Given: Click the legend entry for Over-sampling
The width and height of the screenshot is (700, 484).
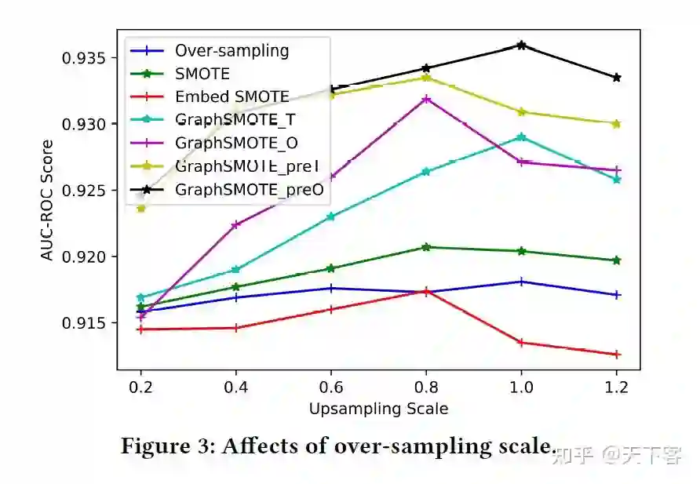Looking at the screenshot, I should pyautogui.click(x=232, y=51).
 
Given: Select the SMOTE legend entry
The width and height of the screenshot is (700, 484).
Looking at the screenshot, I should pyautogui.click(x=202, y=74).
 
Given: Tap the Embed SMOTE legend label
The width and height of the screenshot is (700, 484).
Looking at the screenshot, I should pyautogui.click(x=232, y=97).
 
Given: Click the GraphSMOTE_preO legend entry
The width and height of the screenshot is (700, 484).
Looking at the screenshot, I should pyautogui.click(x=249, y=189).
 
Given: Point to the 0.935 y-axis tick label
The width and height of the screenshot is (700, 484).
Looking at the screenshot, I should pyautogui.click(x=85, y=58).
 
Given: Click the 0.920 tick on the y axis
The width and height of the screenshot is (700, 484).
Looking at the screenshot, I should pyautogui.click(x=85, y=257).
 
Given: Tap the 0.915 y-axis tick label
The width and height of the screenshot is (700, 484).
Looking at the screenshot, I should pyautogui.click(x=85, y=322).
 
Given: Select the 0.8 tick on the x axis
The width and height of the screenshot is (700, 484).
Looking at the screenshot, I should pyautogui.click(x=426, y=387).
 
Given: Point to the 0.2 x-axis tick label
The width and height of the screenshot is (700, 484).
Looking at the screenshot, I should pyautogui.click(x=141, y=387).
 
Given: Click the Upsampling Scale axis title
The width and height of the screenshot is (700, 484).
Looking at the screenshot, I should pyautogui.click(x=378, y=409).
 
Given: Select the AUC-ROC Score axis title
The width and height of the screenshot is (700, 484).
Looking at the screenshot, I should pyautogui.click(x=49, y=199).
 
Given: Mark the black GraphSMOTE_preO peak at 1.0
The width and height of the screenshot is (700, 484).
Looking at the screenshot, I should pyautogui.click(x=521, y=45).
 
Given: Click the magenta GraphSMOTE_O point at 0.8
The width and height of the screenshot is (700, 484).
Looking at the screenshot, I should pyautogui.click(x=426, y=99).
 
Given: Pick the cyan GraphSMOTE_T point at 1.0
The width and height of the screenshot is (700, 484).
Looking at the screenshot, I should pyautogui.click(x=521, y=137).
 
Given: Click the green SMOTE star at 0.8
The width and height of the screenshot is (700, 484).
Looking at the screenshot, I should pyautogui.click(x=426, y=247).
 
